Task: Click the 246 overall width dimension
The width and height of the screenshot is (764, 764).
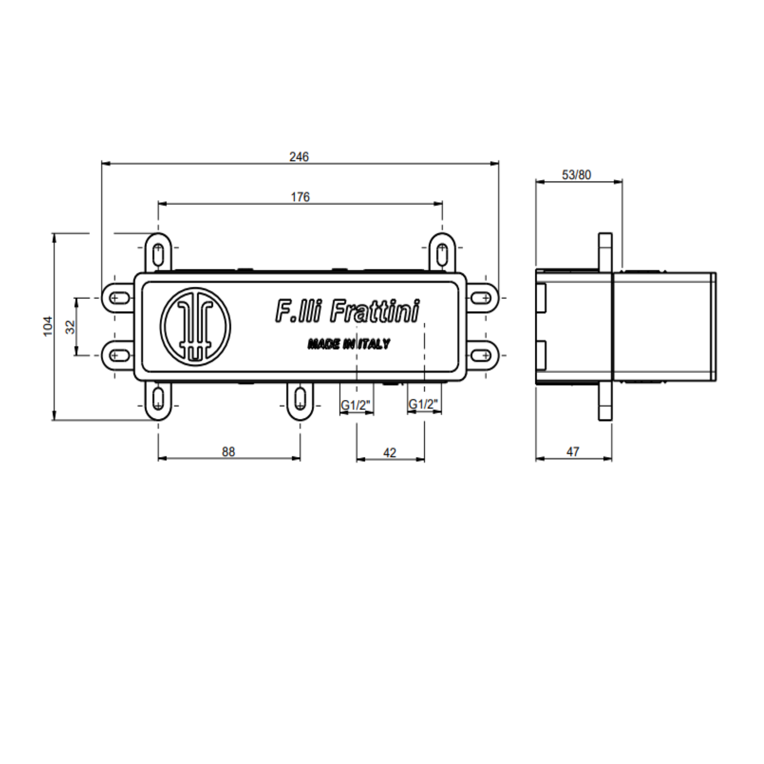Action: (299, 157)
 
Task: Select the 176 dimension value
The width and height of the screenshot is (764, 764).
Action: (300, 197)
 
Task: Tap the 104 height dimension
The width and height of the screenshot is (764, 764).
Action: (48, 326)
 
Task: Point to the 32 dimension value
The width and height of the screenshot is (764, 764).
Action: (70, 327)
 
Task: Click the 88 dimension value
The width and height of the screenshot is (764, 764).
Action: (228, 452)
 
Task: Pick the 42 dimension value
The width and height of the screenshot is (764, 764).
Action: (389, 453)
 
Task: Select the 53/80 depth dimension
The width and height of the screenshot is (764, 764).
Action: (576, 175)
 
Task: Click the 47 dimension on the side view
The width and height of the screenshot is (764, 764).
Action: (573, 452)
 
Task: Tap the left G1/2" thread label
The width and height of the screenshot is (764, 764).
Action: (355, 405)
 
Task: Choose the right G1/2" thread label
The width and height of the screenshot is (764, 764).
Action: (423, 405)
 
